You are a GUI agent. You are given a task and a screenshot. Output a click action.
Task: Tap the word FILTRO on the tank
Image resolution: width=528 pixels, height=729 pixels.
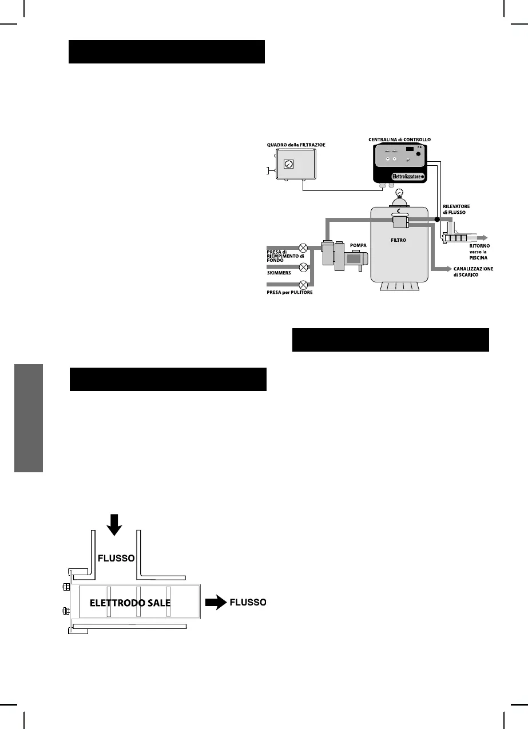[398, 241]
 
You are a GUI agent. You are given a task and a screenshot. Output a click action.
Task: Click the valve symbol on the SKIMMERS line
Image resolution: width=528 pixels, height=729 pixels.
[304, 266]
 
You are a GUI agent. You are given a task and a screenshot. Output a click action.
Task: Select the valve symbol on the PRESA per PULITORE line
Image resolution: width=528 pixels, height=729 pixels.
[304, 285]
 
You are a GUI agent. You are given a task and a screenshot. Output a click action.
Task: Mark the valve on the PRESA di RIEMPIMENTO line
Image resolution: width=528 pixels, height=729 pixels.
[304, 248]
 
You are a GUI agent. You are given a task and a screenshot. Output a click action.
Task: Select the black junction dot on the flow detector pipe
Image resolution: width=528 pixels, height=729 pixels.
[437, 220]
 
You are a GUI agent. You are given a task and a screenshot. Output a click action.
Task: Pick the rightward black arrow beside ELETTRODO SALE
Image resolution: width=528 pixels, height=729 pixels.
[216, 602]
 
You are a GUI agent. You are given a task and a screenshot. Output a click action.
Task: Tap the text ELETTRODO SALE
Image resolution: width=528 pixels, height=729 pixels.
[130, 603]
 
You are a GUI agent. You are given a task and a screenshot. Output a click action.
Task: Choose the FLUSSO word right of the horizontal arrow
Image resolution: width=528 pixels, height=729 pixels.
[248, 603]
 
